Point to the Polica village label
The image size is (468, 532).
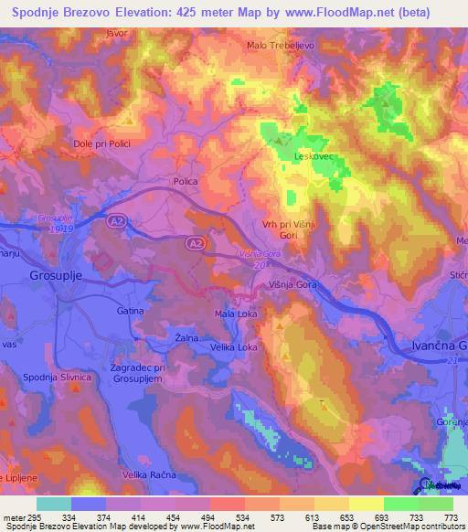(186, 182)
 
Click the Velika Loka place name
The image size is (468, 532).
(234, 346)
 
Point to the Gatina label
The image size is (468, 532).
(130, 311)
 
